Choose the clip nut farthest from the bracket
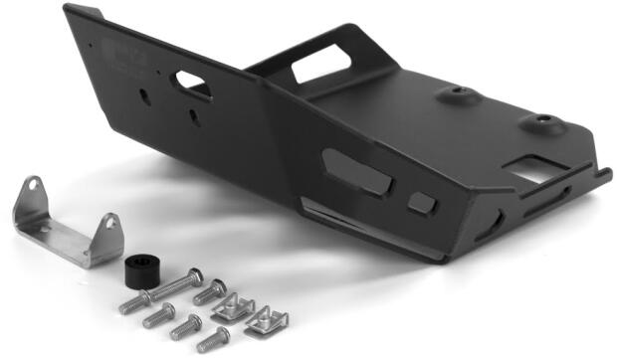tap(266, 319)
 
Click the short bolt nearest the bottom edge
tap(212, 341)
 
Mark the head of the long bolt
tap(194, 275)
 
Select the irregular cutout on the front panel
tap(191, 85)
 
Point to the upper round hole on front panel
tap(146, 96)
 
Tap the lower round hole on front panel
tap(192, 117)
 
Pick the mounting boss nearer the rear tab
tap(455, 95)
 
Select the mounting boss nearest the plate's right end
tap(541, 123)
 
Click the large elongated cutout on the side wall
tap(356, 170)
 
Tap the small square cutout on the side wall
tap(422, 203)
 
